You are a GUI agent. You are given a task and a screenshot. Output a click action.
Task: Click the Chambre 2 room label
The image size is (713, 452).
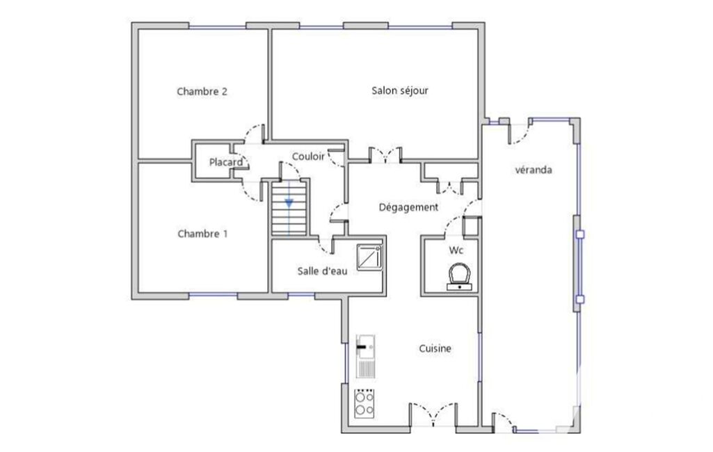pyautogui.click(x=202, y=91)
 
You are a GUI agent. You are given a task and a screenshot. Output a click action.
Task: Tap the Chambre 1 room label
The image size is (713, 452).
pyautogui.click(x=202, y=234)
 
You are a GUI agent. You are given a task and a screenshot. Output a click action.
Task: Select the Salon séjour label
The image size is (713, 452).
pyautogui.click(x=400, y=90)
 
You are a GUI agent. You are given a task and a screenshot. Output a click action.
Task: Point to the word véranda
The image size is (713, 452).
pyautogui.click(x=534, y=170)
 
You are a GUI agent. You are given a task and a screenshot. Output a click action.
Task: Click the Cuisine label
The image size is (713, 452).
pyautogui.click(x=435, y=348)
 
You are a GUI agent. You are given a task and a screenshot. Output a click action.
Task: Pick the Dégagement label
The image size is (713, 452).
pyautogui.click(x=408, y=207)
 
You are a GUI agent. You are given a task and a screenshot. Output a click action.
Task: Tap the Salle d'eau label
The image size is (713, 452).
pyautogui.click(x=322, y=271)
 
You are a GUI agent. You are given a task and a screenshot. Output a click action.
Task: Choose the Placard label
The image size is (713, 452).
pyautogui.click(x=225, y=162)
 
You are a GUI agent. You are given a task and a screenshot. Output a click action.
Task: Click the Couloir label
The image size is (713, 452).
pyautogui.click(x=308, y=156)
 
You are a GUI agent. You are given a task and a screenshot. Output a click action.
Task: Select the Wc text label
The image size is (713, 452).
pyautogui.click(x=456, y=250)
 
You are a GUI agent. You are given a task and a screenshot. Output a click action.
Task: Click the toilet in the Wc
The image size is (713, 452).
pyautogui.click(x=459, y=277)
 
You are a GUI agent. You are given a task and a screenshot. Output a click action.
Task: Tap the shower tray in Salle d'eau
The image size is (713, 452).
pyautogui.click(x=369, y=257)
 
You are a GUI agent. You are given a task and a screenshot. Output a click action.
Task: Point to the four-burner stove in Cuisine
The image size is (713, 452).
pyautogui.click(x=364, y=403)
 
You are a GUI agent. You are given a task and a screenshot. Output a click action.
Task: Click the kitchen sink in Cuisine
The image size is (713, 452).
pyautogui.click(x=366, y=356)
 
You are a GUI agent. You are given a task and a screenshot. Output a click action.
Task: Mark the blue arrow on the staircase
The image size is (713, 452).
pyautogui.click(x=289, y=203)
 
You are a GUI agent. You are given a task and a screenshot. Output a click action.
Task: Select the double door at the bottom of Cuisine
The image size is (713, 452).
pyautogui.click(x=433, y=414)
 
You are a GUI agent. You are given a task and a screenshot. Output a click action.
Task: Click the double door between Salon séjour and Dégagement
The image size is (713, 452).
pyautogui.click(x=385, y=155)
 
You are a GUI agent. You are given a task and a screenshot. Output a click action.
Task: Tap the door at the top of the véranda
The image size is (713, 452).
pyautogui.click(x=520, y=131)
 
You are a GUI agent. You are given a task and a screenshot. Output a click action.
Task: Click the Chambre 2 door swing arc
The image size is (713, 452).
pyautogui.click(x=254, y=134)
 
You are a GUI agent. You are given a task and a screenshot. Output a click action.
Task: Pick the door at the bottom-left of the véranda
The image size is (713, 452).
pyautogui.click(x=503, y=422)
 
